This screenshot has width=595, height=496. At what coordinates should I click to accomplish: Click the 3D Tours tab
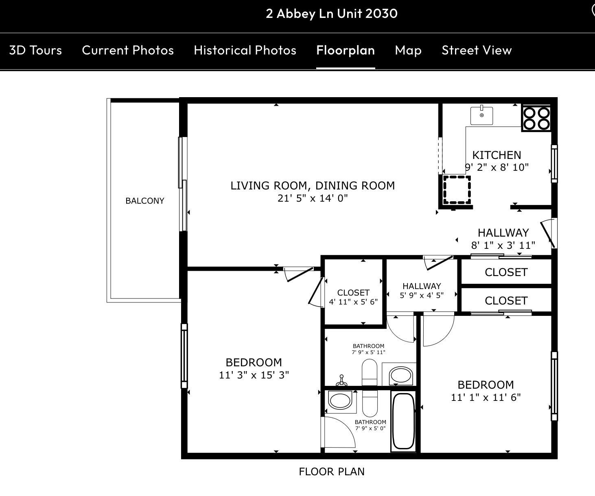[x=35, y=50]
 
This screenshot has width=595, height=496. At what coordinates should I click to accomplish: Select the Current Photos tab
[x=128, y=50]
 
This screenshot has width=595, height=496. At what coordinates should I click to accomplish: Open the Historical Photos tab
[x=245, y=50]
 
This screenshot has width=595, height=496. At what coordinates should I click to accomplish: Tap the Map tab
[x=408, y=50]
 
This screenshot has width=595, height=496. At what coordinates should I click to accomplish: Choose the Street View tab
[x=477, y=50]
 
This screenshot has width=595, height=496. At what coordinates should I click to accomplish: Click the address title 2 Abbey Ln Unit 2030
[x=332, y=13]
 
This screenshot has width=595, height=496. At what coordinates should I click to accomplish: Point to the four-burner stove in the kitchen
[x=536, y=118]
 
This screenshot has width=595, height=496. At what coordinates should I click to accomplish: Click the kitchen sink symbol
[x=481, y=116]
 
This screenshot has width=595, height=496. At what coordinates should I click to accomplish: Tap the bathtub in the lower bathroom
[x=403, y=421]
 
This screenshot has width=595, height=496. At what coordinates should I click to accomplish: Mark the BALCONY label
[x=145, y=201]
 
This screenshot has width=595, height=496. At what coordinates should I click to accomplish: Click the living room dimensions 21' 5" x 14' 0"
[x=313, y=198]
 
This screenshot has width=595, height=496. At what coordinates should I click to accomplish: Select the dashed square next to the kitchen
[x=457, y=190]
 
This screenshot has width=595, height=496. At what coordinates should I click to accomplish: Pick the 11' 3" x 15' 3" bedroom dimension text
[x=254, y=375]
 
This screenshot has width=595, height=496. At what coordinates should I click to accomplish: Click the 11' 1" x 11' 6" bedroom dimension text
[x=486, y=397]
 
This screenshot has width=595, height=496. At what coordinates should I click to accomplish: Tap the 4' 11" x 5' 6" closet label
[x=353, y=302]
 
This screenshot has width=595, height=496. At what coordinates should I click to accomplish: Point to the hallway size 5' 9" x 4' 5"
[x=422, y=296]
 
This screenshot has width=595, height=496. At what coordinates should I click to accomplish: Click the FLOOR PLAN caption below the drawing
[x=332, y=472]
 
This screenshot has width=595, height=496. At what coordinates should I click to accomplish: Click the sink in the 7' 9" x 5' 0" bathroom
[x=340, y=401]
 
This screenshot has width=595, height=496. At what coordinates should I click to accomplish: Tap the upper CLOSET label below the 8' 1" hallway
[x=506, y=272]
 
